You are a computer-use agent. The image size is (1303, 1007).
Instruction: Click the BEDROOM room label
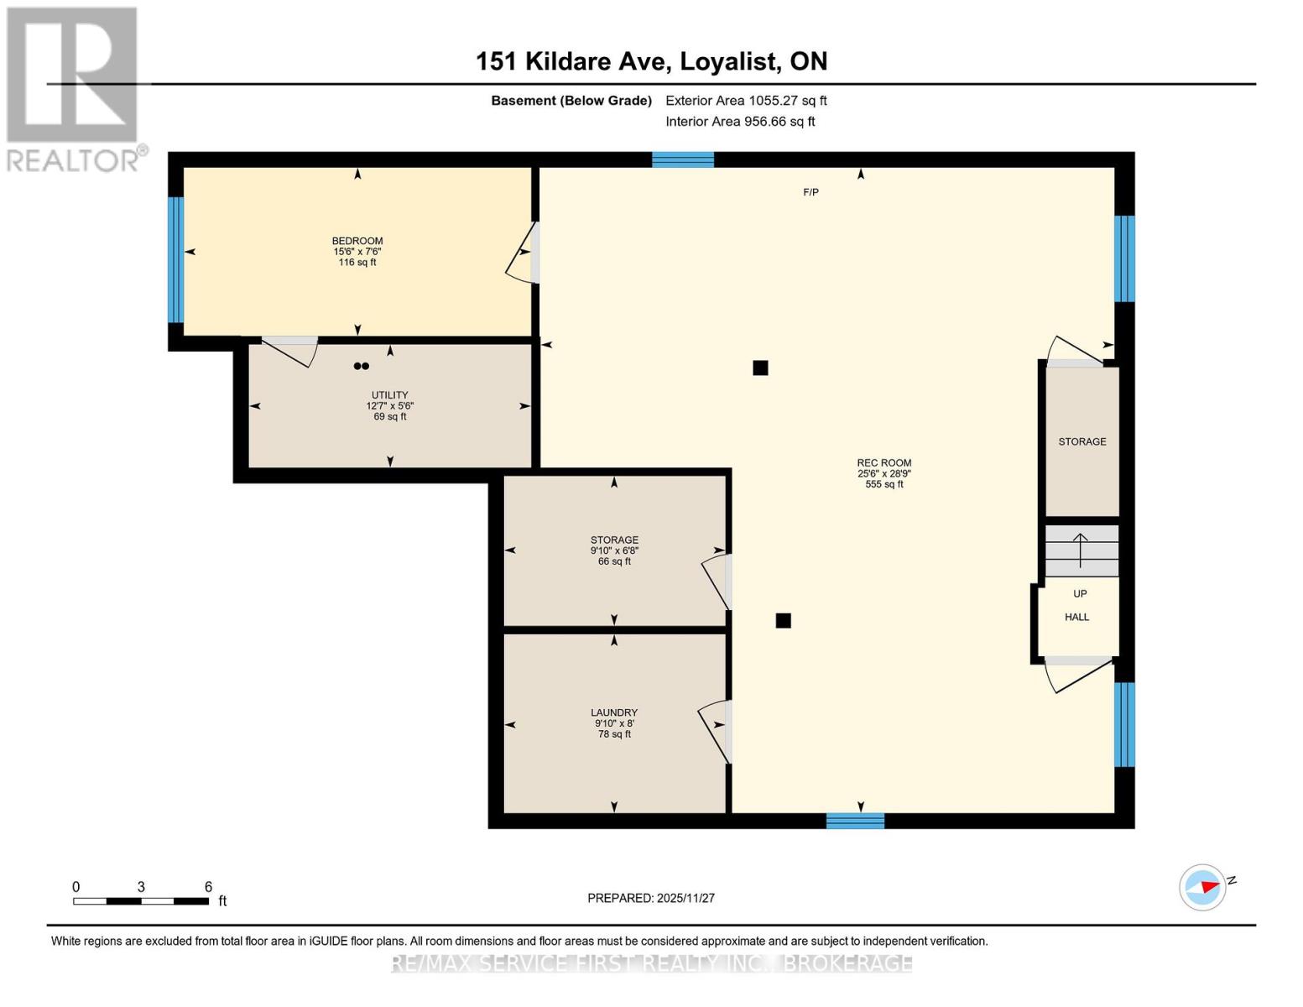357,241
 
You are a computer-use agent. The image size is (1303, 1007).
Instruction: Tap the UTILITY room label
390,395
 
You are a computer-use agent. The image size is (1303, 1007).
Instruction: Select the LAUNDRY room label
614,712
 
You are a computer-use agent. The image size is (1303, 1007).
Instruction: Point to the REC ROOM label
883,463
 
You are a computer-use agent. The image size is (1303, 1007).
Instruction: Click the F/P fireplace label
810,192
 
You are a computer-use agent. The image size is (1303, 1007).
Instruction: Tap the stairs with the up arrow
1081,550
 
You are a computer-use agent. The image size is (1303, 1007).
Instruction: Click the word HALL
1077,617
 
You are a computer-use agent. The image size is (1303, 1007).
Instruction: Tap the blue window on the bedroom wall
175,259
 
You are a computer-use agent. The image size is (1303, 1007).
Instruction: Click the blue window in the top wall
683,159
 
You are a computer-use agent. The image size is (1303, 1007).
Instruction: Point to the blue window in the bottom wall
855,821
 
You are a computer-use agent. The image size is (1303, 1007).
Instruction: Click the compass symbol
1202,888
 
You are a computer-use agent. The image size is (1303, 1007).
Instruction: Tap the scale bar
141,900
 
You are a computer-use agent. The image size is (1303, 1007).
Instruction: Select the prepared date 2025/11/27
685,898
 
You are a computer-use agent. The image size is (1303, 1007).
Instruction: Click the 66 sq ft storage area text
614,561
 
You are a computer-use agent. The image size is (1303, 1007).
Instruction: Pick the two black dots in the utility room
362,366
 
